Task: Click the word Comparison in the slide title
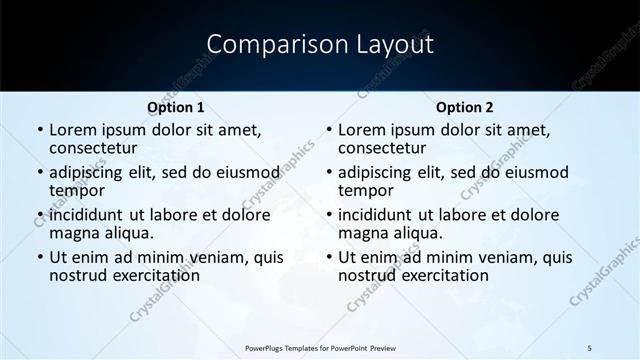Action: point(271,45)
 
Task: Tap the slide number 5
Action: point(589,347)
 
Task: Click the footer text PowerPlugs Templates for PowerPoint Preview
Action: point(319,347)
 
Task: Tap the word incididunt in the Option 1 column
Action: point(86,215)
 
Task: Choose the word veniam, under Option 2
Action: point(501,257)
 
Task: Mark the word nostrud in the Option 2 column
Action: point(365,275)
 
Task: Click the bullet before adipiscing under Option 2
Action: point(328,173)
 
